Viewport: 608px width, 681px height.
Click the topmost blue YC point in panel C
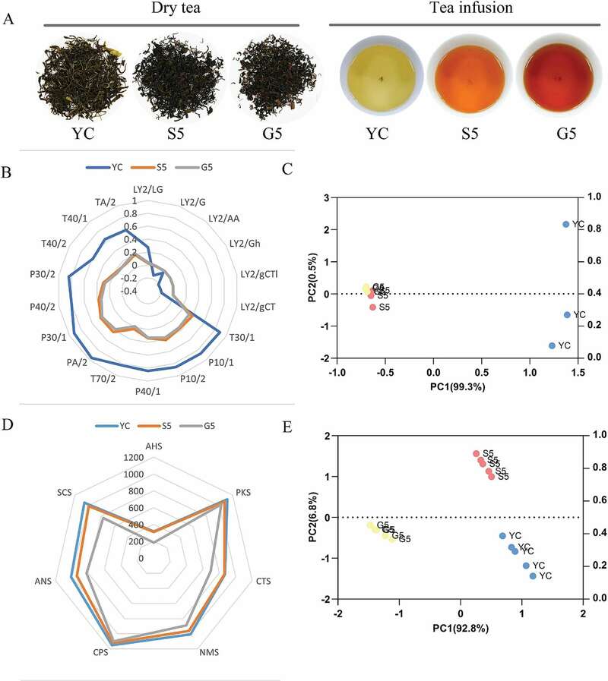[565, 224]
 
